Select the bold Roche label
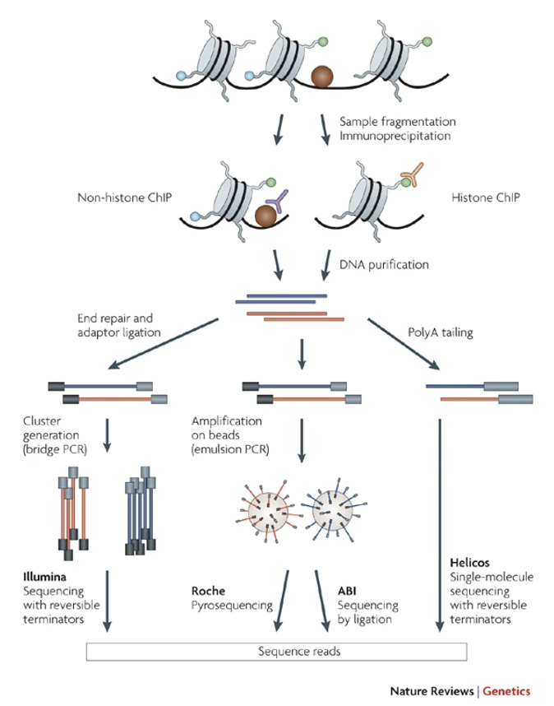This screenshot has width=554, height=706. [x=205, y=589]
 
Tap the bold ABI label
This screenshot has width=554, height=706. [x=349, y=589]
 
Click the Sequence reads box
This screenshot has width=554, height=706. [x=277, y=651]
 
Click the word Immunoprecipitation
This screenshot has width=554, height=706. [x=386, y=137]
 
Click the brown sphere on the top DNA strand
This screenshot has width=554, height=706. [x=322, y=77]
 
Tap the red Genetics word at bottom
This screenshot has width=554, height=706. [x=506, y=690]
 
